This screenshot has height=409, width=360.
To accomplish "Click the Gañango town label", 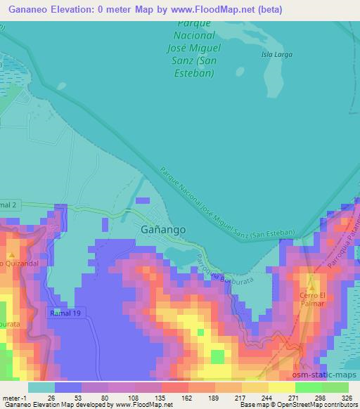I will (158, 230).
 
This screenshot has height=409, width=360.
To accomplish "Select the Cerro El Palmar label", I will (310, 299).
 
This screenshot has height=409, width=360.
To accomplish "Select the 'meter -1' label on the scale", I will (13, 398).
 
